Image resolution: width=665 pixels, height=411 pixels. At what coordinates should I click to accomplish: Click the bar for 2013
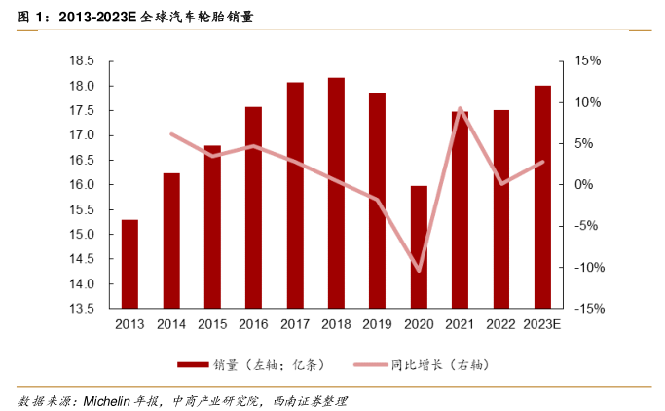click(129, 264)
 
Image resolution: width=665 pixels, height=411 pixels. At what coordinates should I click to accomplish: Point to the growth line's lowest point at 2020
click(419, 271)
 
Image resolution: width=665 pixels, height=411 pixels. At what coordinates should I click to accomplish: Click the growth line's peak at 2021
click(460, 108)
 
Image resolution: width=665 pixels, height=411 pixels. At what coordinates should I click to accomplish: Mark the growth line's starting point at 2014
click(171, 133)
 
